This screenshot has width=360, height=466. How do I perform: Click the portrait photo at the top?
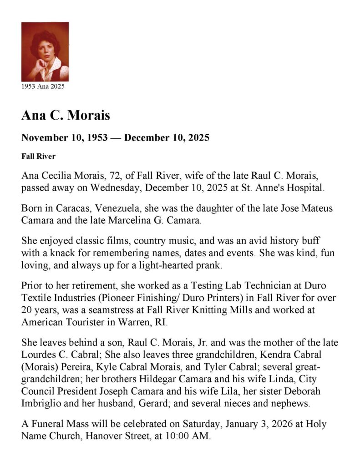(45, 51)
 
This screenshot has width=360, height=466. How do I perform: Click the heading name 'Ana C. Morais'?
(66, 116)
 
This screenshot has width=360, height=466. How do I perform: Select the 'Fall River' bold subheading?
(38, 157)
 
